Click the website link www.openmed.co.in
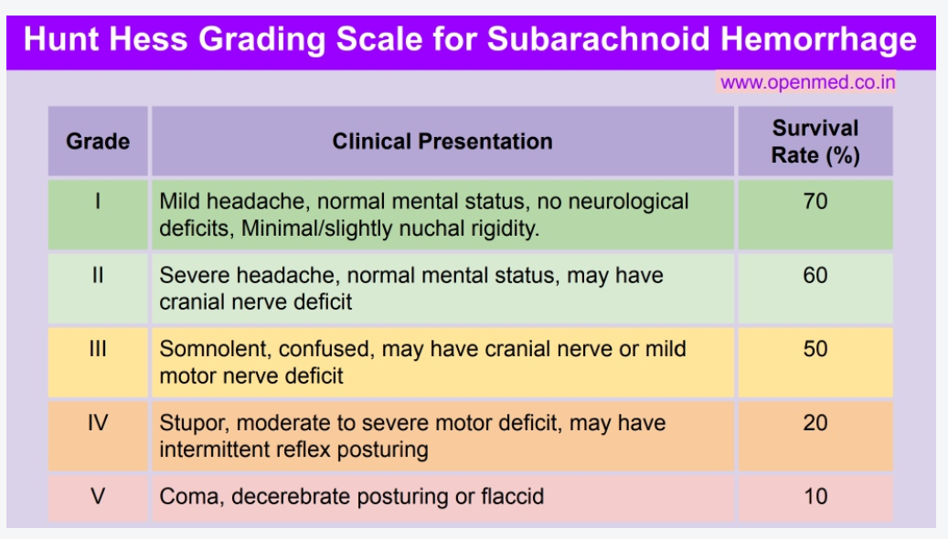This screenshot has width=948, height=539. pos(807,82)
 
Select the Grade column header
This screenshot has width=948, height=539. pos(98,142)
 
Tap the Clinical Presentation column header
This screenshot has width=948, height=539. pos(442,142)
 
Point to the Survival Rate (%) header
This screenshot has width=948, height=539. pos(815,142)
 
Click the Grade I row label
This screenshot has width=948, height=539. pos(98,201)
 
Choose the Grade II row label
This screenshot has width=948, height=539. pos(98,275)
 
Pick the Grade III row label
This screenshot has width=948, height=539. pos(98,349)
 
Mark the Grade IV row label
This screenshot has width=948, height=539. pos(98,423)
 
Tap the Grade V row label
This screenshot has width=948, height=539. pos(98,497)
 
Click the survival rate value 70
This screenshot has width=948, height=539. pos(815,201)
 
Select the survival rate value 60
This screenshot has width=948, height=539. pos(815,275)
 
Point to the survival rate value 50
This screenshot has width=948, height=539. pos(815,349)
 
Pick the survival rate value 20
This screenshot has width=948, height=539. pos(815,423)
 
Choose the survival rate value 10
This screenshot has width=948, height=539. pos(815,497)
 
